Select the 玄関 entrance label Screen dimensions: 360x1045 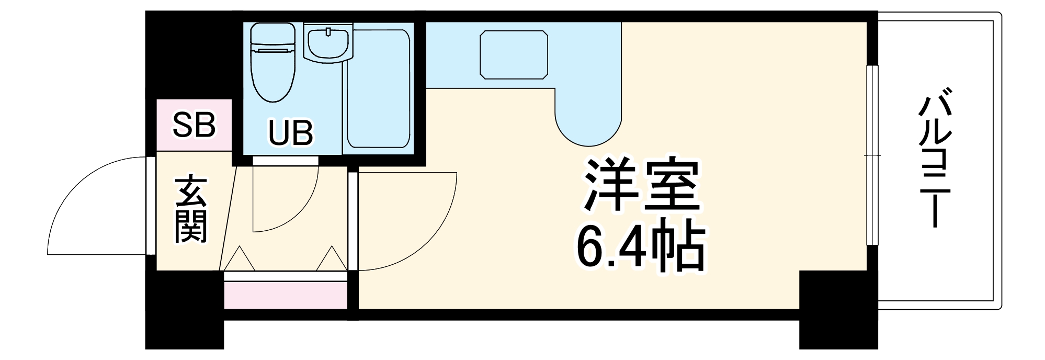(191, 210)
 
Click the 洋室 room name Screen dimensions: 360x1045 (642, 185)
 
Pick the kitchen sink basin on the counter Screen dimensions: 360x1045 (514, 54)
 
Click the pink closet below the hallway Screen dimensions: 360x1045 (286, 295)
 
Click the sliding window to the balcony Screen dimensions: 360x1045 (872, 155)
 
